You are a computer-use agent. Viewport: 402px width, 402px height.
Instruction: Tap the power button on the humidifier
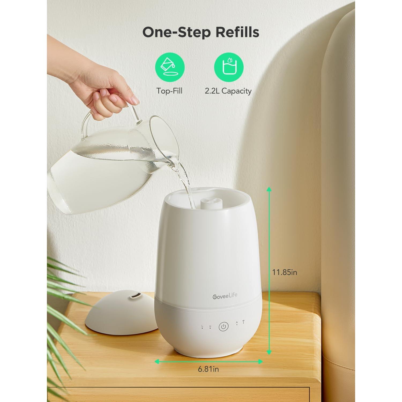pyautogui.click(x=224, y=327)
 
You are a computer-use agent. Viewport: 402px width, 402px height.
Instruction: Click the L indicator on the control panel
pyautogui.click(x=202, y=326)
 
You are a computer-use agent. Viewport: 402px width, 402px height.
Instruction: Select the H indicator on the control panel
pyautogui.click(x=210, y=326)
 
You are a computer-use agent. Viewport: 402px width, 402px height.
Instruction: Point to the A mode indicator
pyautogui.click(x=237, y=323)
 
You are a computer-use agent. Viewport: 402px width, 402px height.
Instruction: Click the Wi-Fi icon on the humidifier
pyautogui.click(x=243, y=321)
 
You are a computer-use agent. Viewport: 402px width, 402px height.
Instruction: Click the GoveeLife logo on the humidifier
pyautogui.click(x=225, y=296)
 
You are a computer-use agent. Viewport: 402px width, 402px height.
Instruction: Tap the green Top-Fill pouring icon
pyautogui.click(x=170, y=67)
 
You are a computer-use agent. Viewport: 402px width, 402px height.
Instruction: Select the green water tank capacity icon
pyautogui.click(x=229, y=67)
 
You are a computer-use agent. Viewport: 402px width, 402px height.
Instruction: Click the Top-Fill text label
pyautogui.click(x=169, y=91)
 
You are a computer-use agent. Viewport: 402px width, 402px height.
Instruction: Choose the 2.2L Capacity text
pyautogui.click(x=228, y=91)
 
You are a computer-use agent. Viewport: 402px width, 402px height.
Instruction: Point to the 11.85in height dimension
pyautogui.click(x=285, y=272)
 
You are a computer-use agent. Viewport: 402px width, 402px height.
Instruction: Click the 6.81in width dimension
pyautogui.click(x=208, y=369)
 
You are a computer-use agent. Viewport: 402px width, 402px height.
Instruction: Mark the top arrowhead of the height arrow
pyautogui.click(x=269, y=189)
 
